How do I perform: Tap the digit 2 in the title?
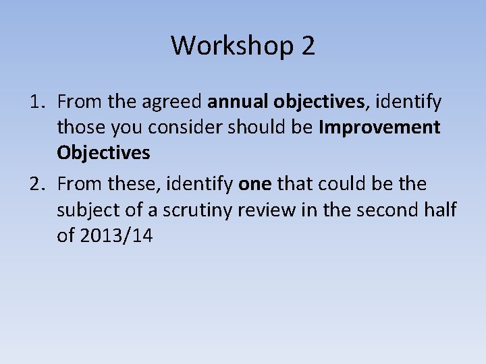308,46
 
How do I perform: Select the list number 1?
36,102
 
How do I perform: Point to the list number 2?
36,184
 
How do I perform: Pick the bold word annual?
238,102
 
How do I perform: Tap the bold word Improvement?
380,127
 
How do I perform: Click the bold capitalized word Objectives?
103,153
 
